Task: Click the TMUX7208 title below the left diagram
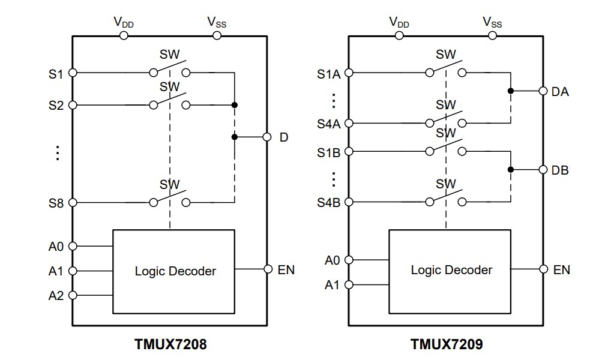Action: pyautogui.click(x=170, y=344)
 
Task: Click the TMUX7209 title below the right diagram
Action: pyautogui.click(x=446, y=344)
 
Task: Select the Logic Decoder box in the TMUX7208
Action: pyautogui.click(x=174, y=271)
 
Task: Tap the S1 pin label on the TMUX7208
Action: pyautogui.click(x=56, y=74)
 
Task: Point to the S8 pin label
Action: pyautogui.click(x=56, y=203)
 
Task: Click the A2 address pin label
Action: pyautogui.click(x=56, y=296)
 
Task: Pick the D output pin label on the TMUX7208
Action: pyautogui.click(x=284, y=137)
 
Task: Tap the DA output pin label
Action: pyautogui.click(x=559, y=92)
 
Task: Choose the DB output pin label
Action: pyautogui.click(x=559, y=170)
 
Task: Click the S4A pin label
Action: pyautogui.click(x=328, y=124)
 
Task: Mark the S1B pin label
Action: pyautogui.click(x=328, y=152)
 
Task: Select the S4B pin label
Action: pyautogui.click(x=328, y=203)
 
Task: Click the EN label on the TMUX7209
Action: pyautogui.click(x=561, y=270)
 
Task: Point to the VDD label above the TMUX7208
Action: pyautogui.click(x=123, y=22)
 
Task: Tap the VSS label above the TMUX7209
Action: pyautogui.click(x=492, y=22)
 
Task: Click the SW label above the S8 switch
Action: pyautogui.click(x=169, y=184)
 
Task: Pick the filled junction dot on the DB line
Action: pyautogui.click(x=510, y=170)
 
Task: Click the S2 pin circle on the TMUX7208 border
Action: pyautogui.click(x=73, y=105)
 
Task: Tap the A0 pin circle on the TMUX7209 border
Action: pyautogui.click(x=349, y=260)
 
